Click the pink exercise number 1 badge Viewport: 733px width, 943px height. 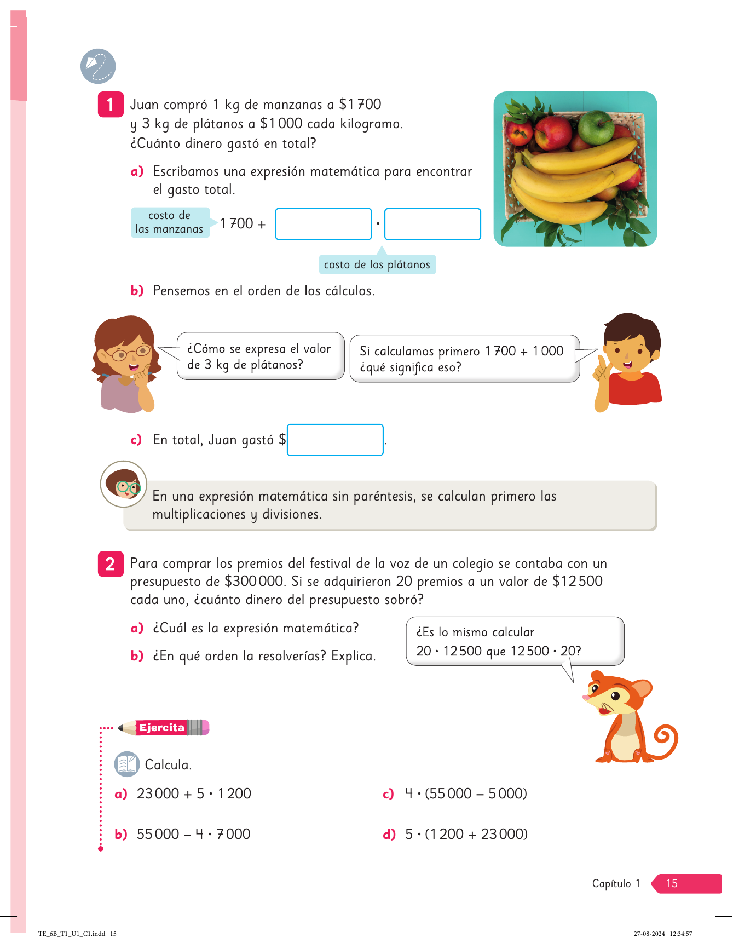pos(110,104)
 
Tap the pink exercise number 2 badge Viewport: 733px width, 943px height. pos(110,563)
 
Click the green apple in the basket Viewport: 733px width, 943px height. pos(596,127)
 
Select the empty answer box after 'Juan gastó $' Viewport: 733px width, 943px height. pos(335,440)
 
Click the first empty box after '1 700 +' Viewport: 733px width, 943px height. pos(323,224)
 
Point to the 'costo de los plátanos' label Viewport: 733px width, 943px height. pos(377,264)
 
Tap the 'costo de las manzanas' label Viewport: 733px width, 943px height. pos(170,222)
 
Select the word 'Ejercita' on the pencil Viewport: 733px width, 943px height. pos(161,727)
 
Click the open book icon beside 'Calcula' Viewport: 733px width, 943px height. pos(127,764)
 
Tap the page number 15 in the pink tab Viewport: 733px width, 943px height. pos(672,883)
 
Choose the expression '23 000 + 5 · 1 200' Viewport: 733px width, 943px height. pos(194,794)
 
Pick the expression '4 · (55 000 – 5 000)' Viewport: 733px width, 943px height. pos(465,794)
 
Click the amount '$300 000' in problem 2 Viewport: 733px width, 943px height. pos(253,582)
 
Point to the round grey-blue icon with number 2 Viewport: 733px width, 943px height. pos(98,66)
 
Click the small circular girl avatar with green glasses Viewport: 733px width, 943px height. pos(124,484)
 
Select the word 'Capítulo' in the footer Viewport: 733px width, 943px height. pos(611,883)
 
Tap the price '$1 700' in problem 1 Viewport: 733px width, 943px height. pos(360,104)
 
